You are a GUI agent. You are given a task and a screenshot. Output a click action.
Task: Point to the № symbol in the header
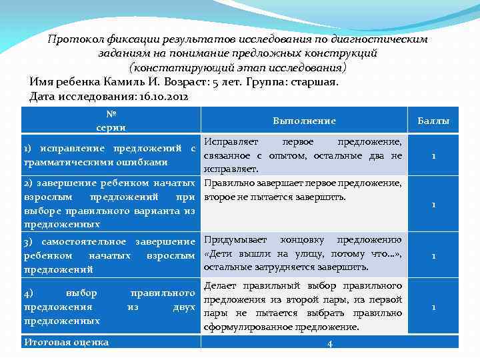[111, 114]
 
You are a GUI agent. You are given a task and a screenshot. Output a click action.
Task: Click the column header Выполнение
[304, 121]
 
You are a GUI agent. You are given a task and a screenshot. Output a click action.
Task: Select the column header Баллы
[433, 121]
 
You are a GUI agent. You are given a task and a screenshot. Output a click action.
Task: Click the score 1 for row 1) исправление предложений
[433, 156]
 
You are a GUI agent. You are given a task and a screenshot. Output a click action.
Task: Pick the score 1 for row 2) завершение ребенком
[433, 204]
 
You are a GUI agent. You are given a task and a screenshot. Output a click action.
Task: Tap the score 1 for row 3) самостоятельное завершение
[433, 255]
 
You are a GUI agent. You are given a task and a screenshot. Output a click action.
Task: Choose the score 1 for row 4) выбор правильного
[433, 307]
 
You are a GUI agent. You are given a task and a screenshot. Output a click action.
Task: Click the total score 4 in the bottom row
[330, 343]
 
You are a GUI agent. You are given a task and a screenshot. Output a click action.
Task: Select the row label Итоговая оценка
[66, 343]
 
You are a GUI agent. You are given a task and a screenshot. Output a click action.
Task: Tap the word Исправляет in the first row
[228, 142]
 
